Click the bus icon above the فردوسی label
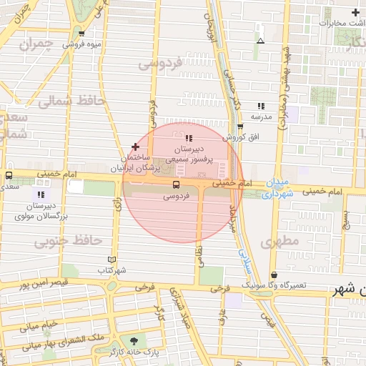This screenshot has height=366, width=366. (x=177, y=184)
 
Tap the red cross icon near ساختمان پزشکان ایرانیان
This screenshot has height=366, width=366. (x=135, y=147)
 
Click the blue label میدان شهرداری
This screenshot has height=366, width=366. (x=277, y=189)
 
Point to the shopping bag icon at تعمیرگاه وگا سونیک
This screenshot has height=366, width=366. (x=274, y=274)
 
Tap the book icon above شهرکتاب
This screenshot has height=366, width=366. (x=111, y=259)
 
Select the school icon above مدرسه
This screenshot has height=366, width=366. (x=260, y=106)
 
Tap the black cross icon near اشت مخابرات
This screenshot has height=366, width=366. (x=355, y=12)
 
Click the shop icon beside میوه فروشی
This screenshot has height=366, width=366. (x=81, y=34)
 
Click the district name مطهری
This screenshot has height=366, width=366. (x=280, y=242)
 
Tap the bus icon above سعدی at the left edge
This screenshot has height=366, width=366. (x=9, y=175)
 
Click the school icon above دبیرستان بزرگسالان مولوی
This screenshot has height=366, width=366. (x=41, y=194)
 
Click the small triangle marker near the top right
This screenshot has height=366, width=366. (x=260, y=41)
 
